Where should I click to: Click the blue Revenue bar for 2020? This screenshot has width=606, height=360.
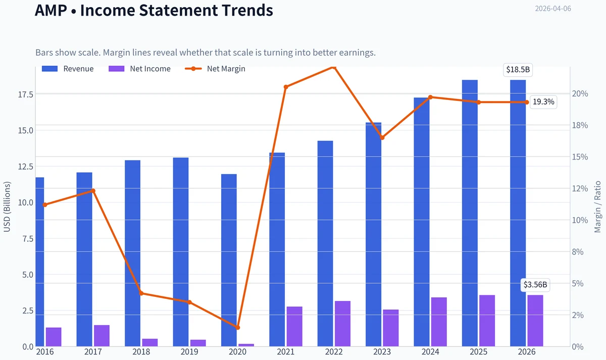(x=229, y=260)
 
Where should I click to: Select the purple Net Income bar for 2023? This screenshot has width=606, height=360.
(x=391, y=328)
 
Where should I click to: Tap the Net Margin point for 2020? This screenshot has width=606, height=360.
(x=238, y=328)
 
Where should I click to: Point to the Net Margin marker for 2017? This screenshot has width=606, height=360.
(x=93, y=191)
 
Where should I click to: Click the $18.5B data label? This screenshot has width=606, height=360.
(x=518, y=70)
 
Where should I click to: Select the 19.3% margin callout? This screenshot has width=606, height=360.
(x=543, y=101)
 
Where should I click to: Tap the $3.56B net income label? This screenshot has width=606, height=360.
(x=535, y=285)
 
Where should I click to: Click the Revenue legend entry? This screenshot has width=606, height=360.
(x=68, y=69)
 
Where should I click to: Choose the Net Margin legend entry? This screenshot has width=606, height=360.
(x=215, y=69)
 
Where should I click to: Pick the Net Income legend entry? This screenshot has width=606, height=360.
(x=139, y=69)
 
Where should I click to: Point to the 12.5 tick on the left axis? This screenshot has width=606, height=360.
(x=26, y=166)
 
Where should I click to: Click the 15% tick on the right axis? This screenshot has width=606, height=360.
(x=580, y=157)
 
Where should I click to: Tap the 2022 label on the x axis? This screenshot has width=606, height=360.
(x=334, y=352)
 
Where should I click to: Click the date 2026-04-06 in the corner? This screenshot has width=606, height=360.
(x=553, y=9)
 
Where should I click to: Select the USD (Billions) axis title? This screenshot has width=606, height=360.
(x=7, y=207)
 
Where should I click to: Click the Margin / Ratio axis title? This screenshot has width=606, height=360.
(x=597, y=207)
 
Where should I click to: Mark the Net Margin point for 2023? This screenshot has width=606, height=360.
(x=382, y=138)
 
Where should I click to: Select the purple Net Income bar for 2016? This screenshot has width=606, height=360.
(x=54, y=337)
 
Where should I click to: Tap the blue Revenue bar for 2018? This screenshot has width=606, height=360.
(x=132, y=253)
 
